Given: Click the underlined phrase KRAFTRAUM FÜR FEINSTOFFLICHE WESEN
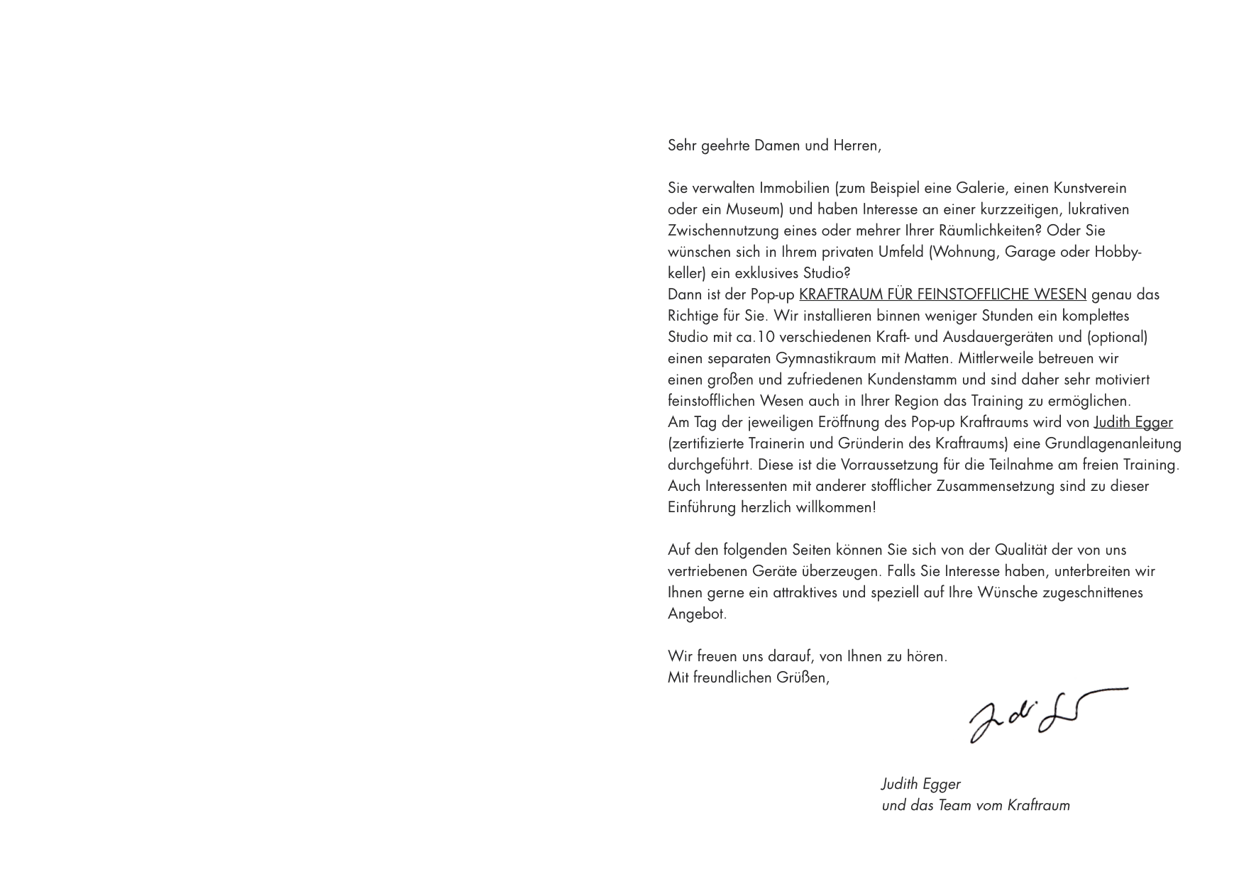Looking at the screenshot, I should tap(942, 294).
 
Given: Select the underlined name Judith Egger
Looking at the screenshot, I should tap(1133, 422).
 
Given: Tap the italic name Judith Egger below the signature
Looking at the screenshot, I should tap(920, 784).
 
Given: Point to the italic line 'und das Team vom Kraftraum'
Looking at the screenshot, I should tap(975, 805).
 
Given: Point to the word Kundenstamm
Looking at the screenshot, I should tap(912, 380).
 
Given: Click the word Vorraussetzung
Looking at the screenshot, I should tap(889, 465).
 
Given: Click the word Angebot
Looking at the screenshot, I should tap(697, 614).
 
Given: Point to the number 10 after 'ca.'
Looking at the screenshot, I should tap(766, 337).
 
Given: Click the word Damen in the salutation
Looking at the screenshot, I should tap(776, 145).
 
